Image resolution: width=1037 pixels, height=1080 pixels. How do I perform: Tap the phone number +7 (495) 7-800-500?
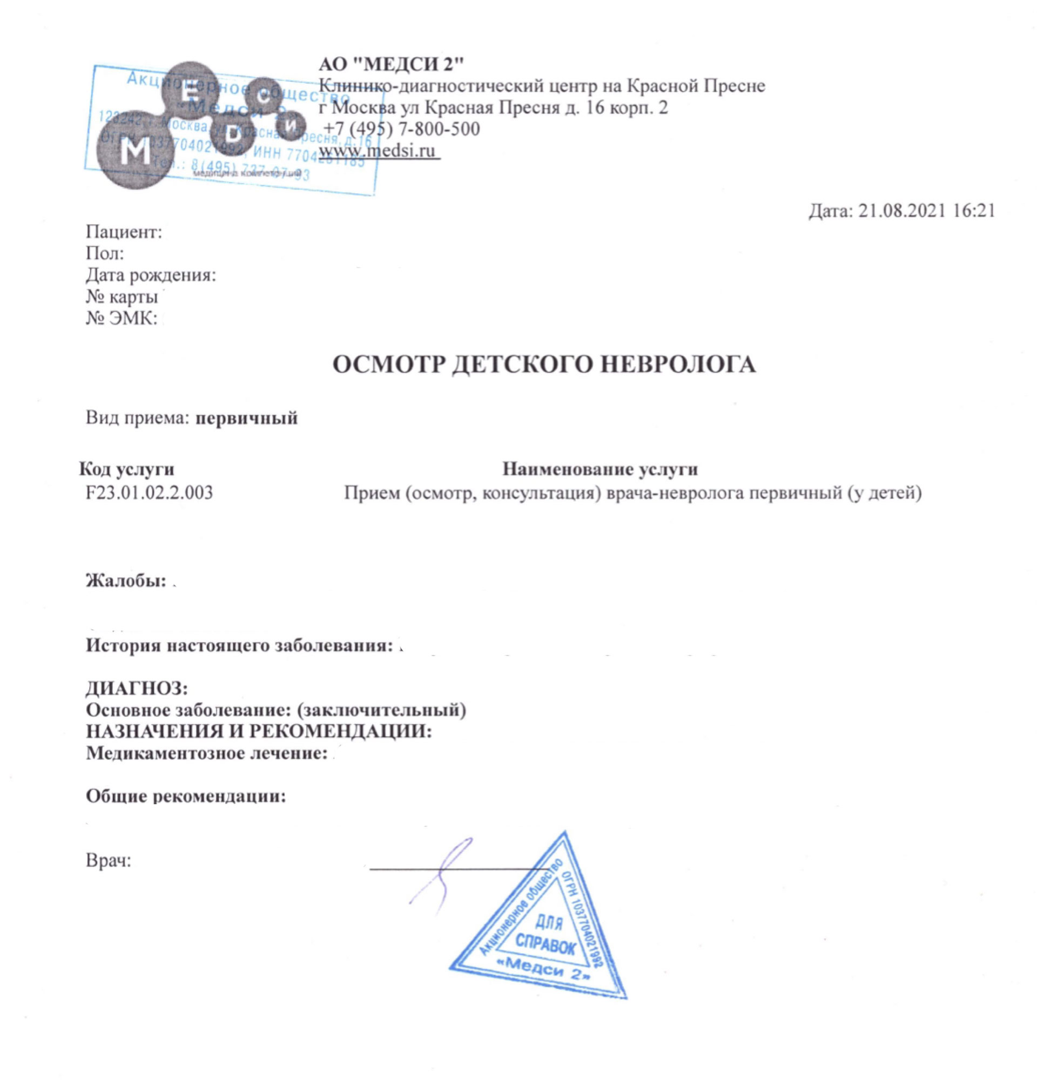point(401,129)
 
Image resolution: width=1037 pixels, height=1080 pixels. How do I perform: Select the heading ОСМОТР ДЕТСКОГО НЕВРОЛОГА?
point(544,364)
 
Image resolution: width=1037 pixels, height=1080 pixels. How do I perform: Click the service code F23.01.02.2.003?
point(149,492)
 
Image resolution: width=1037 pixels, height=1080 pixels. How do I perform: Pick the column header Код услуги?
point(127,469)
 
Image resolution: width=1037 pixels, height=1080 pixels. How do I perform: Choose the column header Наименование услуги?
point(600,469)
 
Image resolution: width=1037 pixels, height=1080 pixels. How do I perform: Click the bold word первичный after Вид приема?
point(247,417)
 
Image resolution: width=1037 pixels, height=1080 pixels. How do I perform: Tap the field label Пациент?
point(124,232)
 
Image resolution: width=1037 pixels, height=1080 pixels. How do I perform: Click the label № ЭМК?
point(121,318)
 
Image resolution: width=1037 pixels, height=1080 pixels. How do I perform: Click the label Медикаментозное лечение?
point(207,752)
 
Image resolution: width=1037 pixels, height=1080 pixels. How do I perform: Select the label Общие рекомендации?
point(186,795)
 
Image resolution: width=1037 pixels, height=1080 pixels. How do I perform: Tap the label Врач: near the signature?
point(109,860)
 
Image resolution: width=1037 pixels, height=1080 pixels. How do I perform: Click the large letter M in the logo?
point(135,152)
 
